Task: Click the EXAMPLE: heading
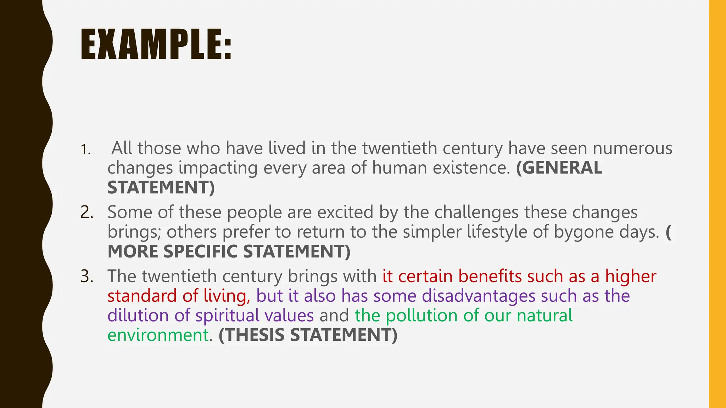pyautogui.click(x=156, y=45)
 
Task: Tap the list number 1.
pyautogui.click(x=85, y=150)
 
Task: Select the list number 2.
pyautogui.click(x=87, y=212)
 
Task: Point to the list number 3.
pyautogui.click(x=87, y=277)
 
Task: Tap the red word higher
pyautogui.click(x=631, y=276)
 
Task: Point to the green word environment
pyautogui.click(x=158, y=335)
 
